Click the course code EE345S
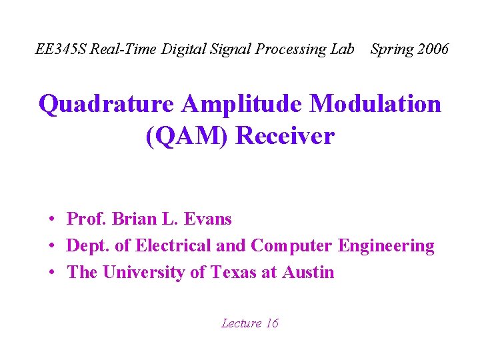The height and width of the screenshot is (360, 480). tap(61, 49)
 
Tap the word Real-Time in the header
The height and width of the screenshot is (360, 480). tap(120, 49)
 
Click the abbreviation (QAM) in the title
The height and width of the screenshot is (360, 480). tap(187, 137)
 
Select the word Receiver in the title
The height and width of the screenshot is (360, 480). tap(285, 137)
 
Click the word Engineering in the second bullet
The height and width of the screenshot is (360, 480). tap(387, 246)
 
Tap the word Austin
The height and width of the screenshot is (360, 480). tap(308, 273)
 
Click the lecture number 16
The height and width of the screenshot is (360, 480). tap(272, 324)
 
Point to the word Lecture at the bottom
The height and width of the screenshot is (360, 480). tap(241, 324)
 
